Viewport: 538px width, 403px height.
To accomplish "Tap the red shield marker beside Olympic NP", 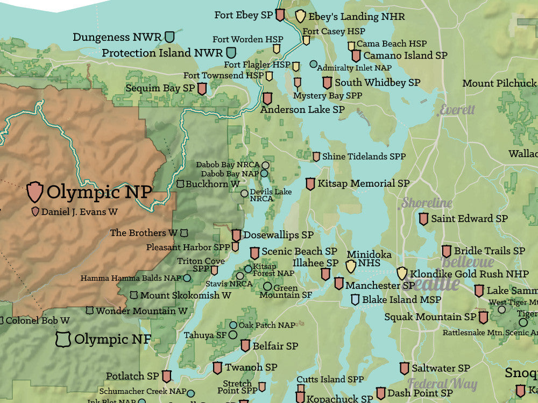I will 35,192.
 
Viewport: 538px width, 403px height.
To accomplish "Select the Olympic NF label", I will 112,339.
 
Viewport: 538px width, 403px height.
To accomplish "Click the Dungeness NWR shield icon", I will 169,37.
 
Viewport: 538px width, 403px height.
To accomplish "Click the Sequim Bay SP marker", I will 202,89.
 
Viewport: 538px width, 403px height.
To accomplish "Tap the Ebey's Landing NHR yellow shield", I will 300,16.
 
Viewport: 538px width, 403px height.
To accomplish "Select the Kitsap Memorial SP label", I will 363,183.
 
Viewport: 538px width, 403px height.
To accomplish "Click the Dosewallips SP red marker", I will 236,235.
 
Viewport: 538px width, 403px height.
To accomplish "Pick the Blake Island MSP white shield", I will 355,300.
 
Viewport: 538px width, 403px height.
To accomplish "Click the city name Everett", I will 457,110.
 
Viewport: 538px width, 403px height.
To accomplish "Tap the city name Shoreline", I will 427,203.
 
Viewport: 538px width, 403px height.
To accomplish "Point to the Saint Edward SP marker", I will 423,219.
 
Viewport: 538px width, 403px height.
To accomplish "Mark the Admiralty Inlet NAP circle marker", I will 313,65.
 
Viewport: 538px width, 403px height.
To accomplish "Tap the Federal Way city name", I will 442,384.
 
